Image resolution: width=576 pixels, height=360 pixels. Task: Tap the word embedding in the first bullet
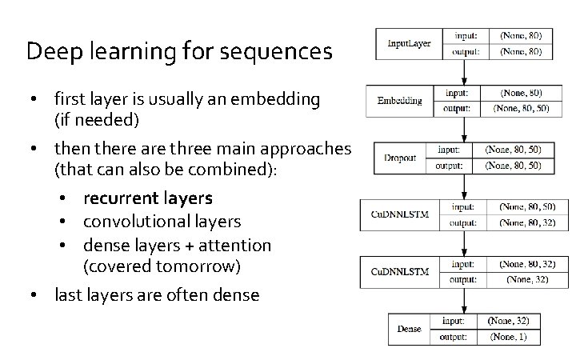click(274, 100)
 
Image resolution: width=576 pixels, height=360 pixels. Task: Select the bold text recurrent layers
click(147, 198)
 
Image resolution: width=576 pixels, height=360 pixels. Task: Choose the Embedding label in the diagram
click(399, 100)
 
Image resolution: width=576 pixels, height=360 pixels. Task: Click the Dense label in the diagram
click(409, 328)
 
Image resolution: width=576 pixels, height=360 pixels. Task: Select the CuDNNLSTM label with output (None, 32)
click(400, 272)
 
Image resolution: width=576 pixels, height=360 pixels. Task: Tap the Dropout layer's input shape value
click(513, 150)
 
